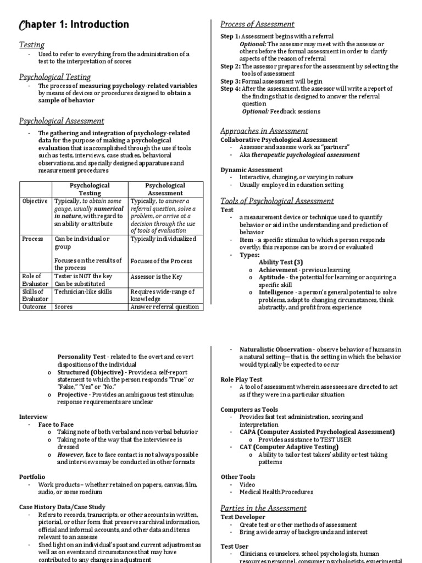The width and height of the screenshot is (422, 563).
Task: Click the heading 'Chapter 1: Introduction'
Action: point(74,25)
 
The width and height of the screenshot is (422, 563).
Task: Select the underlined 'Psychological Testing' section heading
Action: point(55,77)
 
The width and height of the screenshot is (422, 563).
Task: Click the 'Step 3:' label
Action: point(230,81)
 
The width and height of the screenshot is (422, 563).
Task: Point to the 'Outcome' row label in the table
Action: point(34,307)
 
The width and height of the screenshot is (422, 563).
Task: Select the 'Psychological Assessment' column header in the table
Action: point(165,189)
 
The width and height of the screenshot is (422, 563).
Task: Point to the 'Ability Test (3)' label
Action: point(281,262)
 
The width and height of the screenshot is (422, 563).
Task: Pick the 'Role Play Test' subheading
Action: point(241,379)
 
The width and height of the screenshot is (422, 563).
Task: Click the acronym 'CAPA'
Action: point(248,432)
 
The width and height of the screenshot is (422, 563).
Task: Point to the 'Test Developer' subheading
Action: point(243,517)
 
